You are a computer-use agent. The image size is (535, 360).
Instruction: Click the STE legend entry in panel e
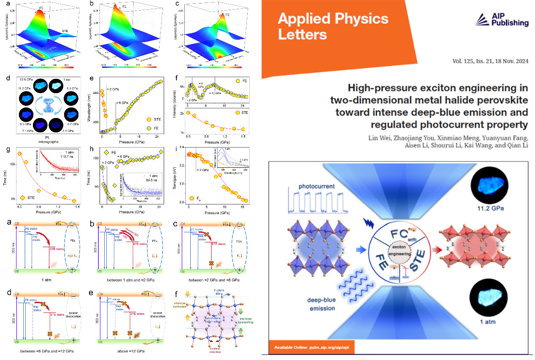[x=153, y=120]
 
